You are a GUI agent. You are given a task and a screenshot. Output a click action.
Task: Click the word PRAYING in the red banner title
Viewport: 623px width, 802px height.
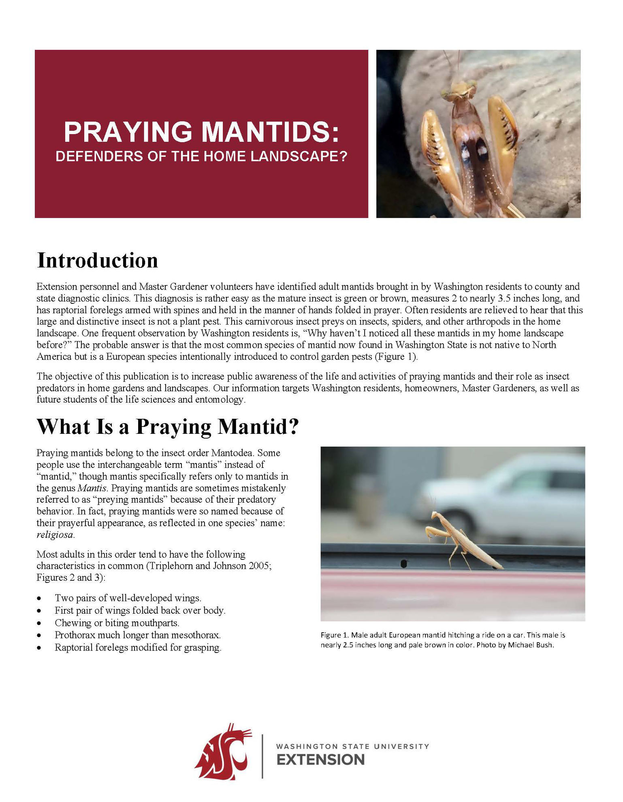pyautogui.click(x=128, y=132)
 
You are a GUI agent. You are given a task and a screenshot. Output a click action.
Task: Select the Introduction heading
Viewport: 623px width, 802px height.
pyautogui.click(x=97, y=260)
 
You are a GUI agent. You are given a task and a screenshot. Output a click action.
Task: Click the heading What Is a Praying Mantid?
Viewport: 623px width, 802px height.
pyautogui.click(x=168, y=427)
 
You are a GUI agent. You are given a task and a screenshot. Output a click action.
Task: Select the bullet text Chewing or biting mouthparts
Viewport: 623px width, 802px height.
pyautogui.click(x=117, y=623)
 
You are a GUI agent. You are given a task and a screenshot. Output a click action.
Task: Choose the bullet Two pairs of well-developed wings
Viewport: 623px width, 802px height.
pyautogui.click(x=128, y=598)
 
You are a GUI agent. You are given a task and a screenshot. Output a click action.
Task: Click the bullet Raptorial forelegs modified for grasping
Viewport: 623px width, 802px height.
pyautogui.click(x=138, y=647)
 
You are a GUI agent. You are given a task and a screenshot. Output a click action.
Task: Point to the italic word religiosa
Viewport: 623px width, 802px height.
pyautogui.click(x=55, y=535)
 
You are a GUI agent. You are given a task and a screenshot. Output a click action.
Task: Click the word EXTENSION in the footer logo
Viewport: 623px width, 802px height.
pyautogui.click(x=320, y=760)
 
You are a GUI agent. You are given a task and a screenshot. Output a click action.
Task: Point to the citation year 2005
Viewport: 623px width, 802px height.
pyautogui.click(x=260, y=565)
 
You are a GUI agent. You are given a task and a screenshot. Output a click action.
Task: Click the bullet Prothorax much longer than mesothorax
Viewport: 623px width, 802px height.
pyautogui.click(x=138, y=635)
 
